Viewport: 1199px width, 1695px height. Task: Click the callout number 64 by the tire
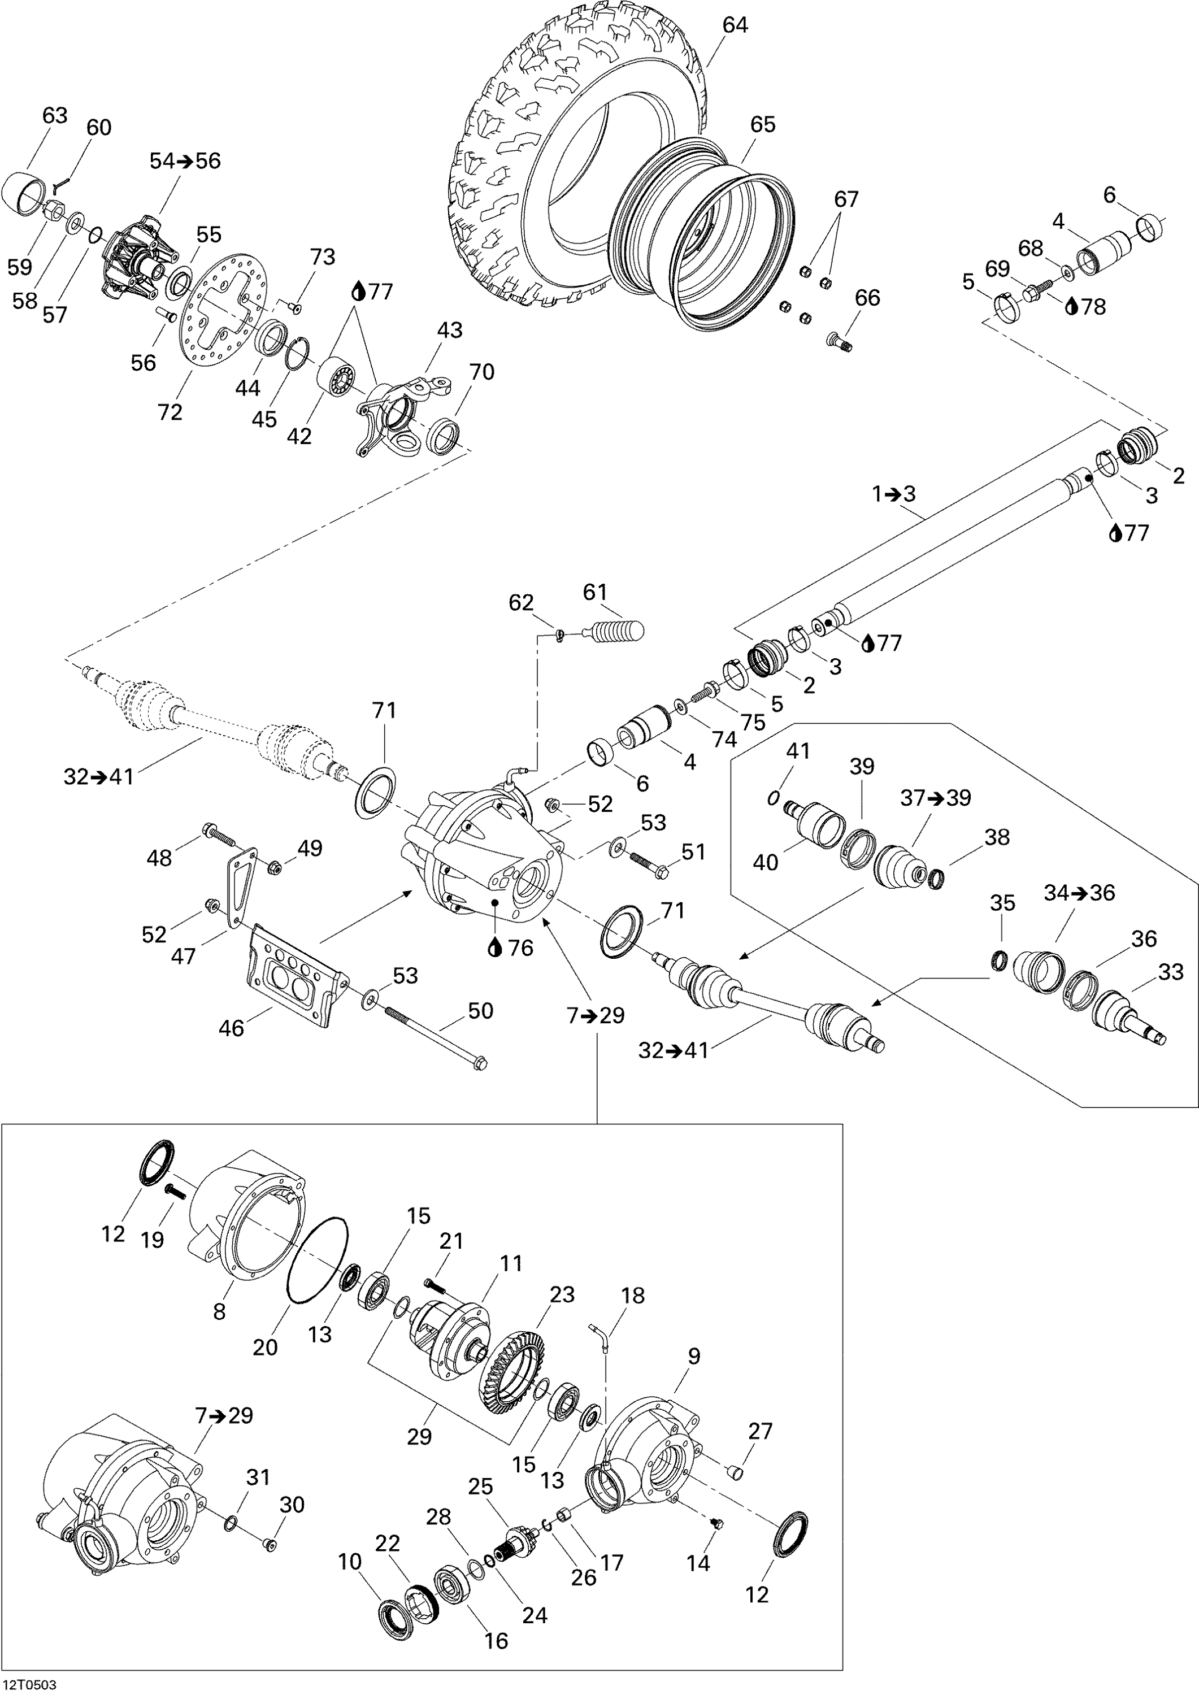(735, 25)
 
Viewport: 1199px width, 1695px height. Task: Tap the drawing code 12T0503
(29, 1685)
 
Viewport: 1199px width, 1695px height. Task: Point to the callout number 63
(55, 115)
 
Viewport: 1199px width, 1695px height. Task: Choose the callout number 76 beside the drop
(520, 948)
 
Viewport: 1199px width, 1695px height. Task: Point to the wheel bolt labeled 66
(838, 342)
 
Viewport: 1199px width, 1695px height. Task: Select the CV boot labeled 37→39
(900, 864)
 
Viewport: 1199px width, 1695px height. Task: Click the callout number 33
(1171, 972)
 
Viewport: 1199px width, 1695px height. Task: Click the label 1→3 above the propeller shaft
(893, 494)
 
